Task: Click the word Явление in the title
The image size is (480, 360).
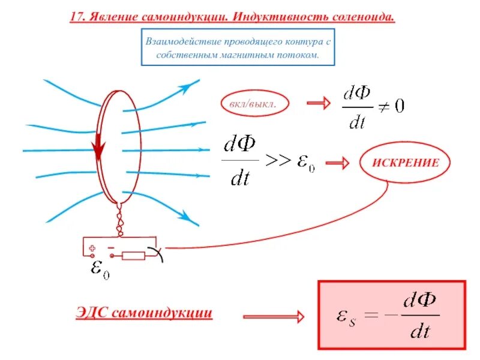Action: (113, 17)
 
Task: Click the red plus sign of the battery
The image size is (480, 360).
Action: (92, 248)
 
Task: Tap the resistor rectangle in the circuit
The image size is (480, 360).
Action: (133, 256)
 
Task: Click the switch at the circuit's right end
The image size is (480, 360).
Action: (157, 252)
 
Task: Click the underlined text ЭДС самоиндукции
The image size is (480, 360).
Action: (144, 313)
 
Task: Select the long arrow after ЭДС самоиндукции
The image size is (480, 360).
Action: (273, 316)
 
